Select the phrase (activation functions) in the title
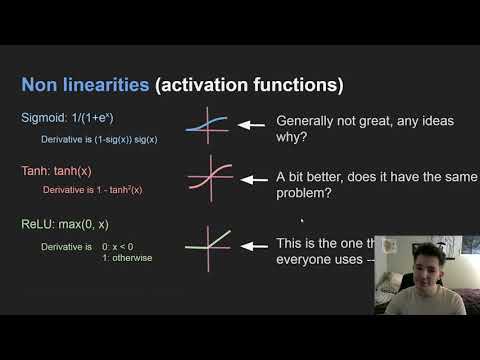[x=249, y=84]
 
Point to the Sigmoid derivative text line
[x=99, y=139]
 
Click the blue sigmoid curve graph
[x=208, y=125]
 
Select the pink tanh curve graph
[x=208, y=177]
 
